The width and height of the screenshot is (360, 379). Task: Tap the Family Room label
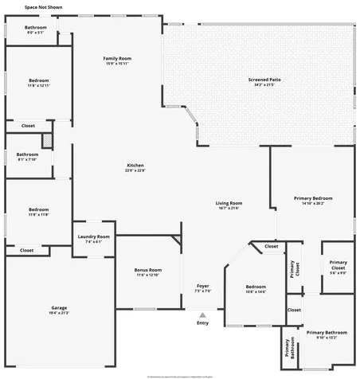pos(117,61)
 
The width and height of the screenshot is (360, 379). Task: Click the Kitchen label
pos(135,167)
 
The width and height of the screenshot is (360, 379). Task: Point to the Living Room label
pos(229,205)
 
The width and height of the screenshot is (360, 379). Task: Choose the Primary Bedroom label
pos(312,200)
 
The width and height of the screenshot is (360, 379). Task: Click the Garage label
pos(59,310)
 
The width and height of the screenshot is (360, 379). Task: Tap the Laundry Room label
pos(93,239)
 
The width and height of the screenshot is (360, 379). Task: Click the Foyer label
pos(203,287)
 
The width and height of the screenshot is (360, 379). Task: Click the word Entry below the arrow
pos(202,322)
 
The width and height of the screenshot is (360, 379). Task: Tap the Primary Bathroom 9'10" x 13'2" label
pos(327,334)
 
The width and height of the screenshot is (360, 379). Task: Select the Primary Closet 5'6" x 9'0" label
pos(338,264)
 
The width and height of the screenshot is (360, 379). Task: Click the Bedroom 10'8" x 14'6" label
pos(256,288)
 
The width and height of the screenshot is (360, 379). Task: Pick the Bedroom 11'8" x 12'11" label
pos(39,83)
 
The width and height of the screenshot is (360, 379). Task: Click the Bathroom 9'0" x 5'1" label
pos(36,30)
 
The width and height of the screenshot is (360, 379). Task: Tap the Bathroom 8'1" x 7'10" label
pos(28,156)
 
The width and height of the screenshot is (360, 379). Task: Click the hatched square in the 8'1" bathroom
pos(48,140)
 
